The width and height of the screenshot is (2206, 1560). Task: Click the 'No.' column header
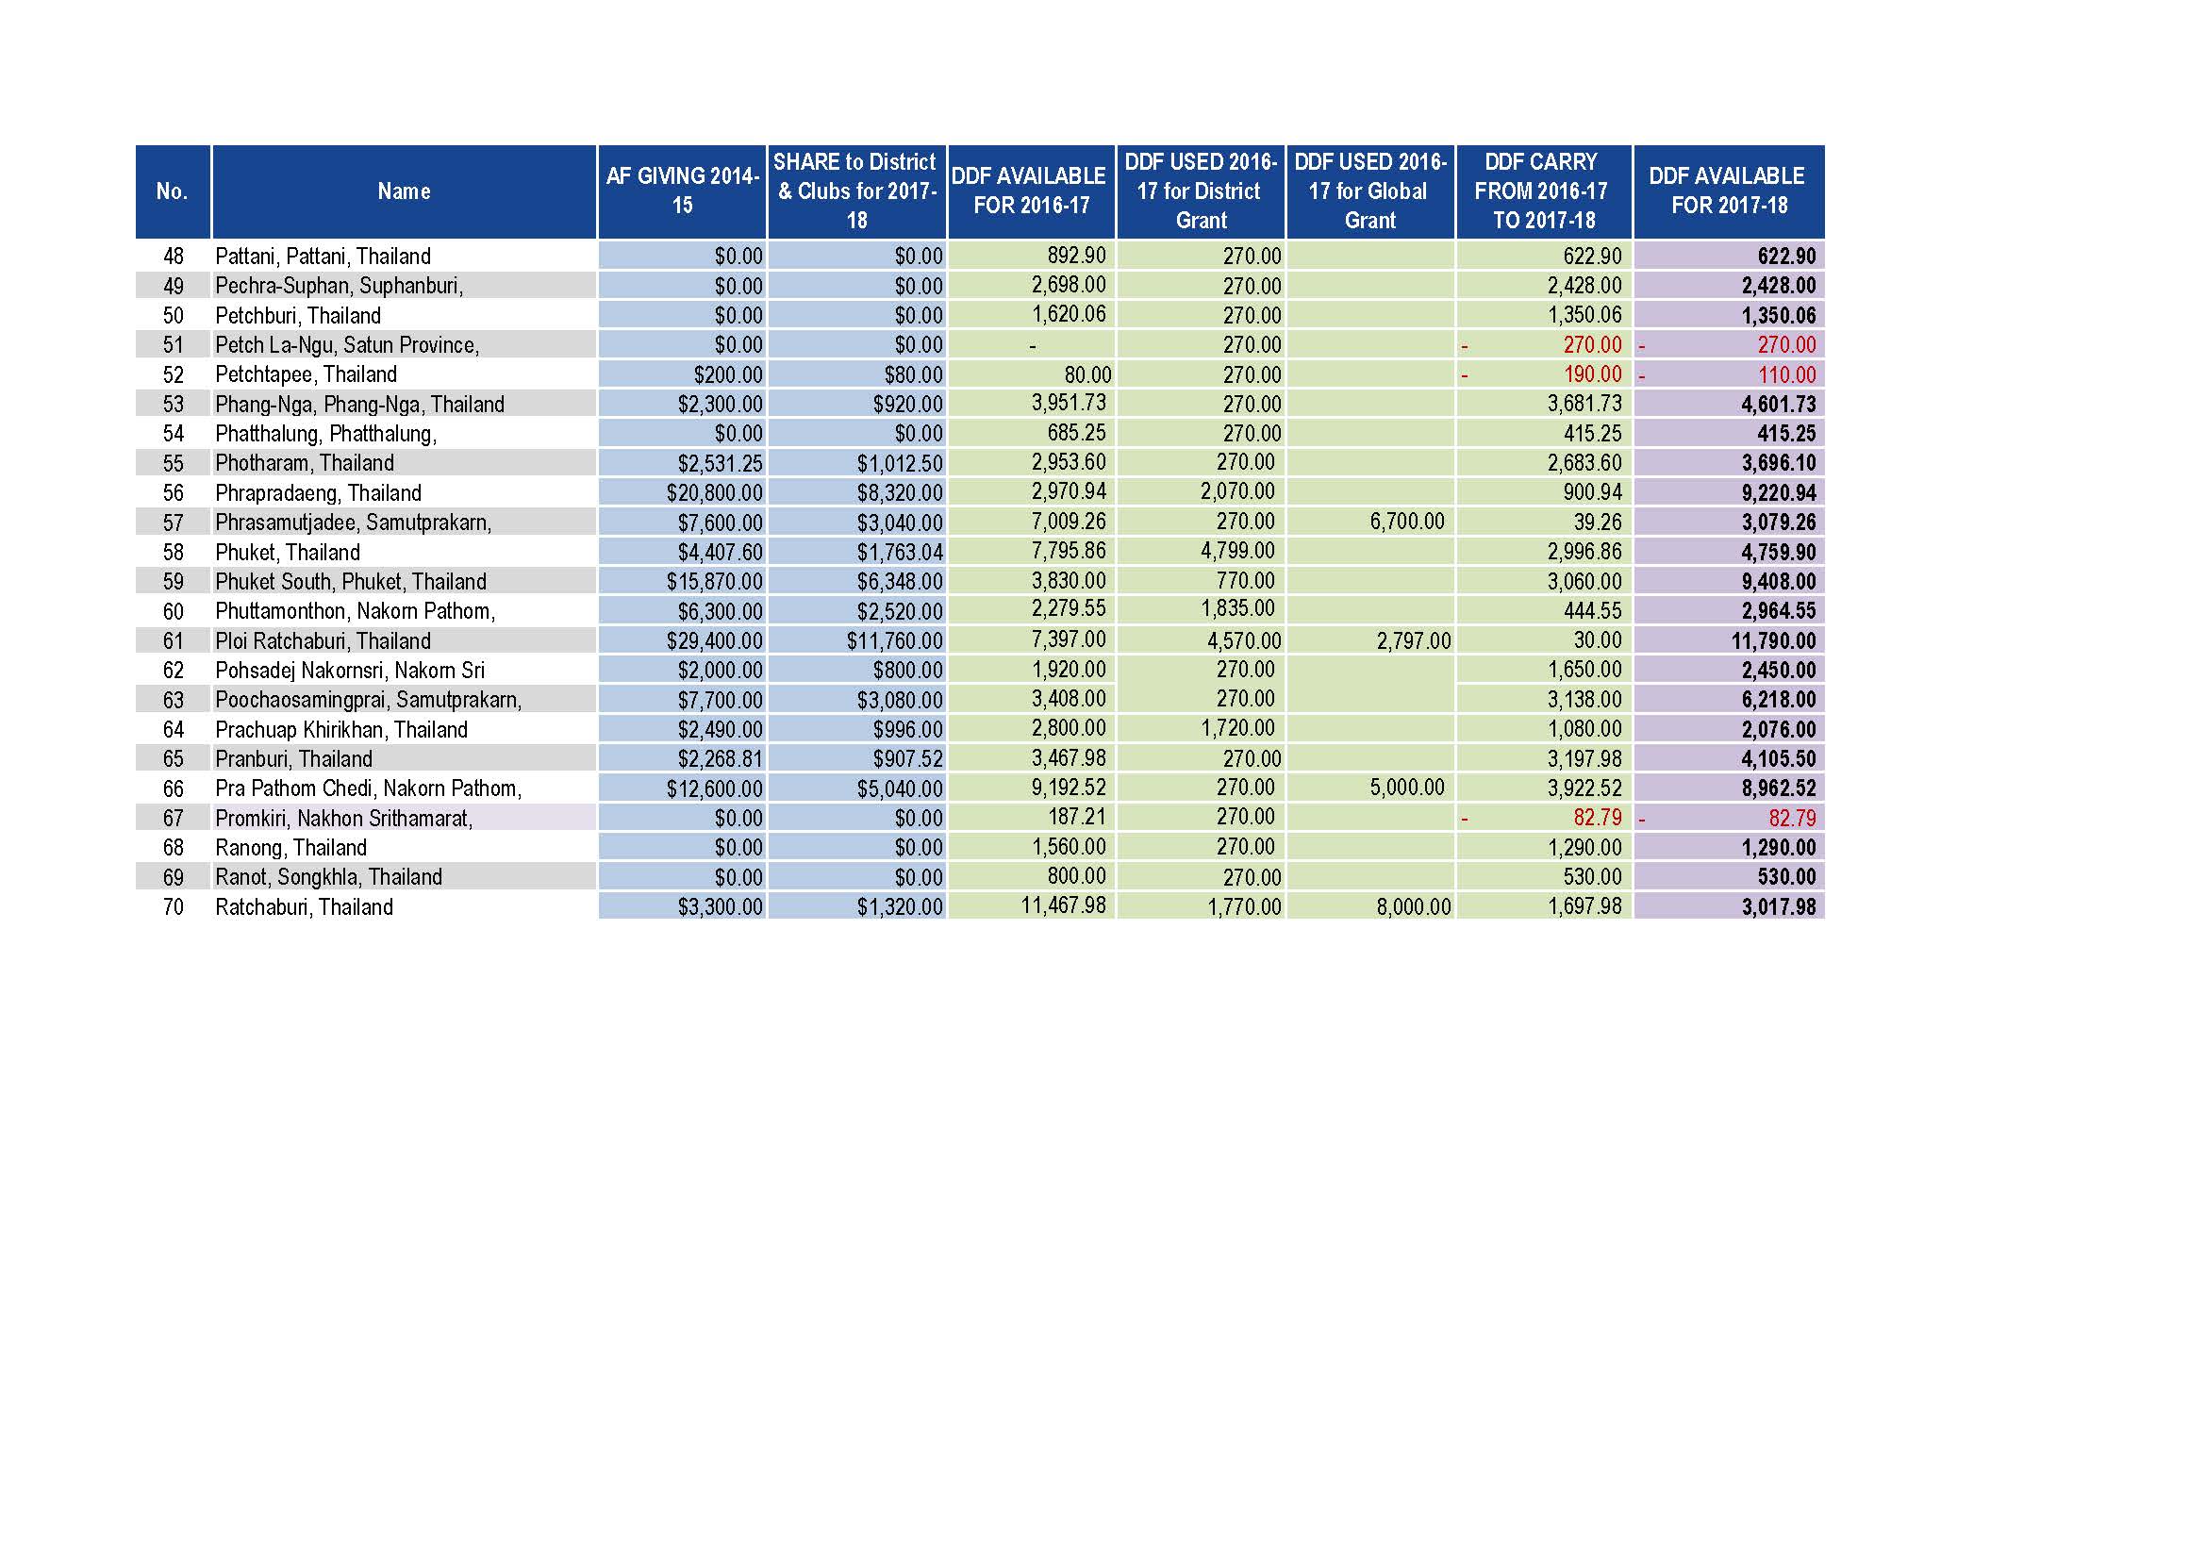pos(172,191)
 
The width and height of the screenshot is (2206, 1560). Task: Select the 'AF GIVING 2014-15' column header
pos(682,191)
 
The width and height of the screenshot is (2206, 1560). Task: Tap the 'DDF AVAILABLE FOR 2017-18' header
pos(1728,191)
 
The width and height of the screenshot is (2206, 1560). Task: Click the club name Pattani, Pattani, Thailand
pos(323,257)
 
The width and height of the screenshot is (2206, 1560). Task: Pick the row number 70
pos(173,906)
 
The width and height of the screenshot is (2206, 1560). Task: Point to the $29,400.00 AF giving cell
pos(715,640)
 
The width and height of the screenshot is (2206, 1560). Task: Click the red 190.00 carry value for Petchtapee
pos(1592,374)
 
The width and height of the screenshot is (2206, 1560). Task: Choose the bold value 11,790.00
pos(1773,640)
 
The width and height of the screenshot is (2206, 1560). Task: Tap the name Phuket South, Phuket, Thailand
pos(351,582)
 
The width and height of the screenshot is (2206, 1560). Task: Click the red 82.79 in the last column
pos(1792,819)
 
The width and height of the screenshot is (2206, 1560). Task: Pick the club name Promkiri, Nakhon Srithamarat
pos(344,819)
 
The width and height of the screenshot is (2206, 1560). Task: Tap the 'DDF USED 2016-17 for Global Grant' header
pos(1370,191)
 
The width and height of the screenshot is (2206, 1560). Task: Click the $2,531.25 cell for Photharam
pos(720,463)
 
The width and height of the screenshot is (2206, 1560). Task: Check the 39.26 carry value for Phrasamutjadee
pos(1597,522)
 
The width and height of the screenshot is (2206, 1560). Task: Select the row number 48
pos(173,257)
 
